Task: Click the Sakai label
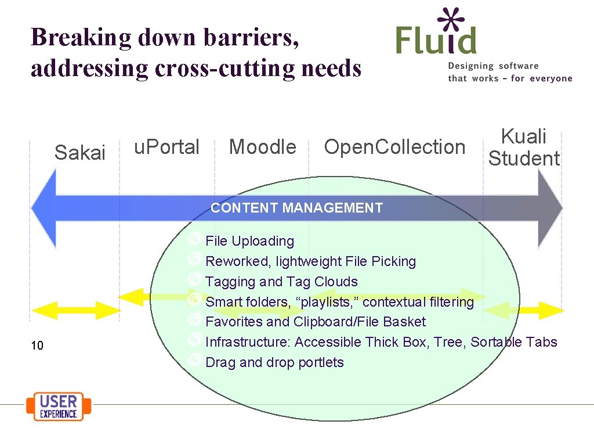pos(79,153)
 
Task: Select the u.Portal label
pos(166,147)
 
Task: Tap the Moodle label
pos(262,147)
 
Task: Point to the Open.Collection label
pos(394,147)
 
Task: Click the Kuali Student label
pos(524,148)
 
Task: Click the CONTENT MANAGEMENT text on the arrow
pos(296,208)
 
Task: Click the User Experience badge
pos(59,407)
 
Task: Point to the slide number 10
pos(37,346)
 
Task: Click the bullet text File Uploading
pos(249,241)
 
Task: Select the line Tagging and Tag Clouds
pos(281,282)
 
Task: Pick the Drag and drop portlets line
pos(274,362)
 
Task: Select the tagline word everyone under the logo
pos(550,78)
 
